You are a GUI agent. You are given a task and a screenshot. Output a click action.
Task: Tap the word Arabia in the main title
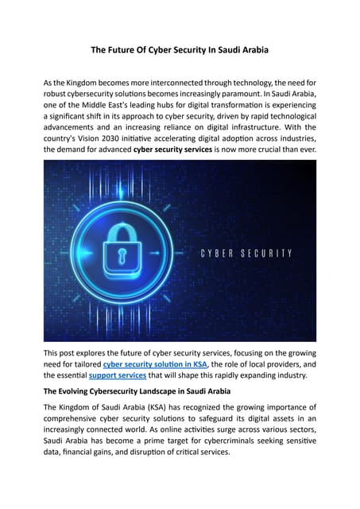tap(252, 50)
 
